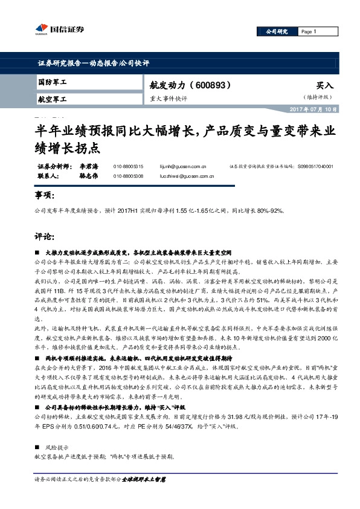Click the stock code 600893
click(x=211, y=85)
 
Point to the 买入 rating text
click(x=325, y=86)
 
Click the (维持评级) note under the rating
click(x=318, y=97)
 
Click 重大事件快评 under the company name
click(x=169, y=98)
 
